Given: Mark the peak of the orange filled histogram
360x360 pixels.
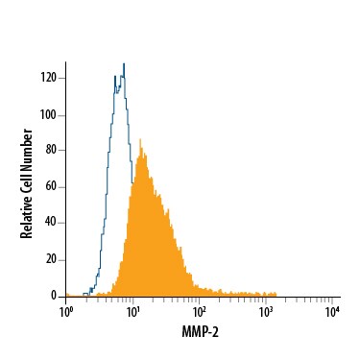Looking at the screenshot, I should click(140, 141).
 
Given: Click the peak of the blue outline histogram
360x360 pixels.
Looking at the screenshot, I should click(123, 65).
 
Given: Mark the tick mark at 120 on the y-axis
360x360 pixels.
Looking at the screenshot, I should click(63, 79).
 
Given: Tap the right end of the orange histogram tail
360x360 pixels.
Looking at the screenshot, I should click(276, 294).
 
